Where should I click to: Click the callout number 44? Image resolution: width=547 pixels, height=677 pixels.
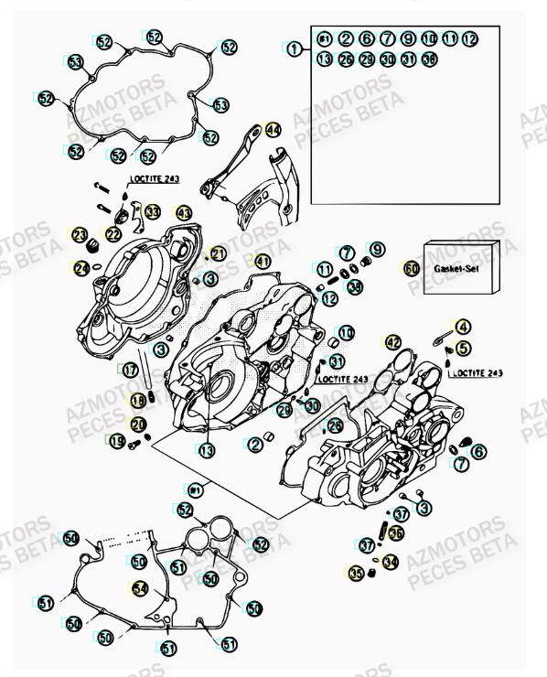(x=273, y=131)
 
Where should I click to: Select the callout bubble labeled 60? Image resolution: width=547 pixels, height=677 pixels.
(x=412, y=269)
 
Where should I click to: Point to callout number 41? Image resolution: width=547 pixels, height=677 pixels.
(x=263, y=262)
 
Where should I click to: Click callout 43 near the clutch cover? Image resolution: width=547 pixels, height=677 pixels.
(x=185, y=213)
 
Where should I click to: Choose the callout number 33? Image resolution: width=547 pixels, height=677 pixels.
(x=152, y=212)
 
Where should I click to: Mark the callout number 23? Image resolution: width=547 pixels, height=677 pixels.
(x=80, y=236)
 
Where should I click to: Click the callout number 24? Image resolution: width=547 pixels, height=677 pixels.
(x=82, y=268)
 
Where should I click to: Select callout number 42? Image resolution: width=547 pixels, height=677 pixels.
(x=392, y=342)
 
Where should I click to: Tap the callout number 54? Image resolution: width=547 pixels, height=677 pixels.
(x=139, y=588)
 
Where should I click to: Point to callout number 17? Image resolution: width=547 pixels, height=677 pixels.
(x=132, y=371)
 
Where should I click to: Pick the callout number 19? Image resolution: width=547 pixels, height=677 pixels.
(x=116, y=442)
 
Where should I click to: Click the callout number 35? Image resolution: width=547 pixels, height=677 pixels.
(x=355, y=574)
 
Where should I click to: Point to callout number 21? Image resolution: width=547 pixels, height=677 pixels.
(x=218, y=253)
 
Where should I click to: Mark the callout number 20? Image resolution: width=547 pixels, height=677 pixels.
(x=137, y=424)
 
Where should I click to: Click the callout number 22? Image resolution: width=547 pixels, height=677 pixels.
(x=112, y=235)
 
